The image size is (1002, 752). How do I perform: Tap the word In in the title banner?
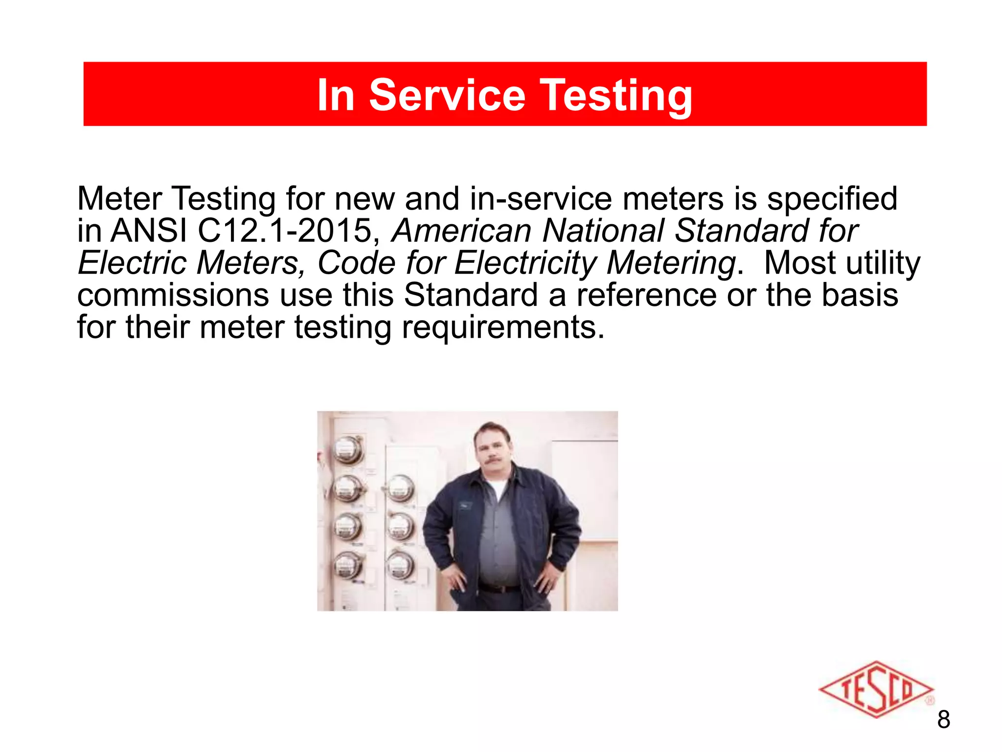click(x=336, y=95)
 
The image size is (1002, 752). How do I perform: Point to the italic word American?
click(x=461, y=231)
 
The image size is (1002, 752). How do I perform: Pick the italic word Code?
click(x=356, y=263)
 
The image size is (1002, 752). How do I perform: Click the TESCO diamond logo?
click(x=876, y=690)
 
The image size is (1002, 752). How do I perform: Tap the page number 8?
click(x=944, y=720)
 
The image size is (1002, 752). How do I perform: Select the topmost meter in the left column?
click(x=348, y=449)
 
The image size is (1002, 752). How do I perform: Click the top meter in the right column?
click(x=400, y=489)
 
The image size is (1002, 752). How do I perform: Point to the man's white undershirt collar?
click(x=497, y=488)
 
